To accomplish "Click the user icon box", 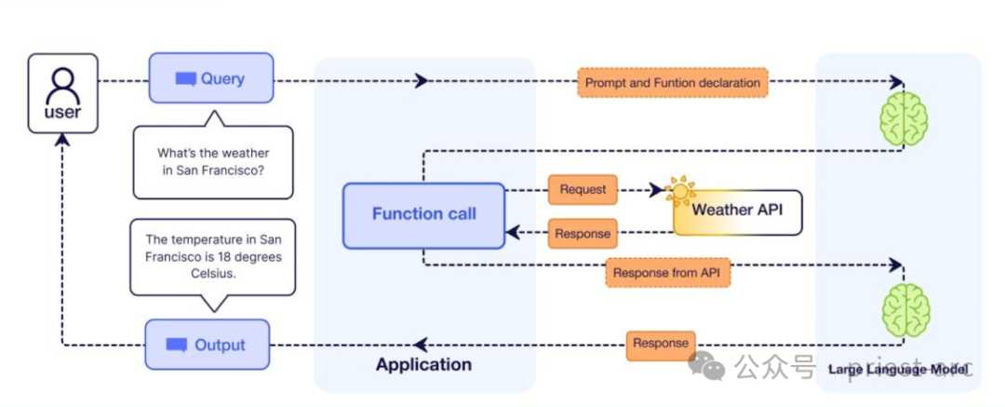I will pos(62,92).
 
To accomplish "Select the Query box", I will pos(211,78).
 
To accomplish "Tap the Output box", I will pos(207,345).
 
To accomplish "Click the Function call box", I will pos(423,215).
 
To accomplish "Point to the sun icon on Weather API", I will pos(679,191).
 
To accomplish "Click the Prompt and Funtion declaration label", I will pos(672,83).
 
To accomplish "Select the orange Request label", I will pos(583,189).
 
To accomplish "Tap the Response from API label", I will pos(667,274).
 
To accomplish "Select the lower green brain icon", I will pos(904,310).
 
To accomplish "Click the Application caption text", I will pos(423,365).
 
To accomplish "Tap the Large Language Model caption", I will pos(898,370).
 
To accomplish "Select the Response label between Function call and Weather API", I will pos(583,233).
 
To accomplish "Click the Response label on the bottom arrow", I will pos(661,344).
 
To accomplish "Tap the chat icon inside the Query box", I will pos(186,79).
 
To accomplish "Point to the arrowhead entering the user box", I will pos(62,138).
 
